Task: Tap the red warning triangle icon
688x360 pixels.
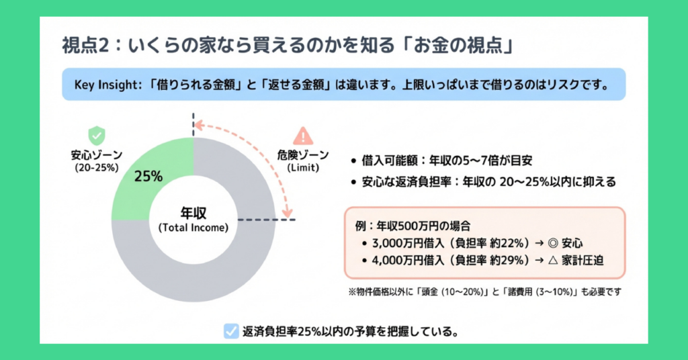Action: [x=304, y=136]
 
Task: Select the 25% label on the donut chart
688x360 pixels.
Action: [x=148, y=177]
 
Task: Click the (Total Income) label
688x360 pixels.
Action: [x=193, y=227]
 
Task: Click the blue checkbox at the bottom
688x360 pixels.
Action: [x=230, y=331]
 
